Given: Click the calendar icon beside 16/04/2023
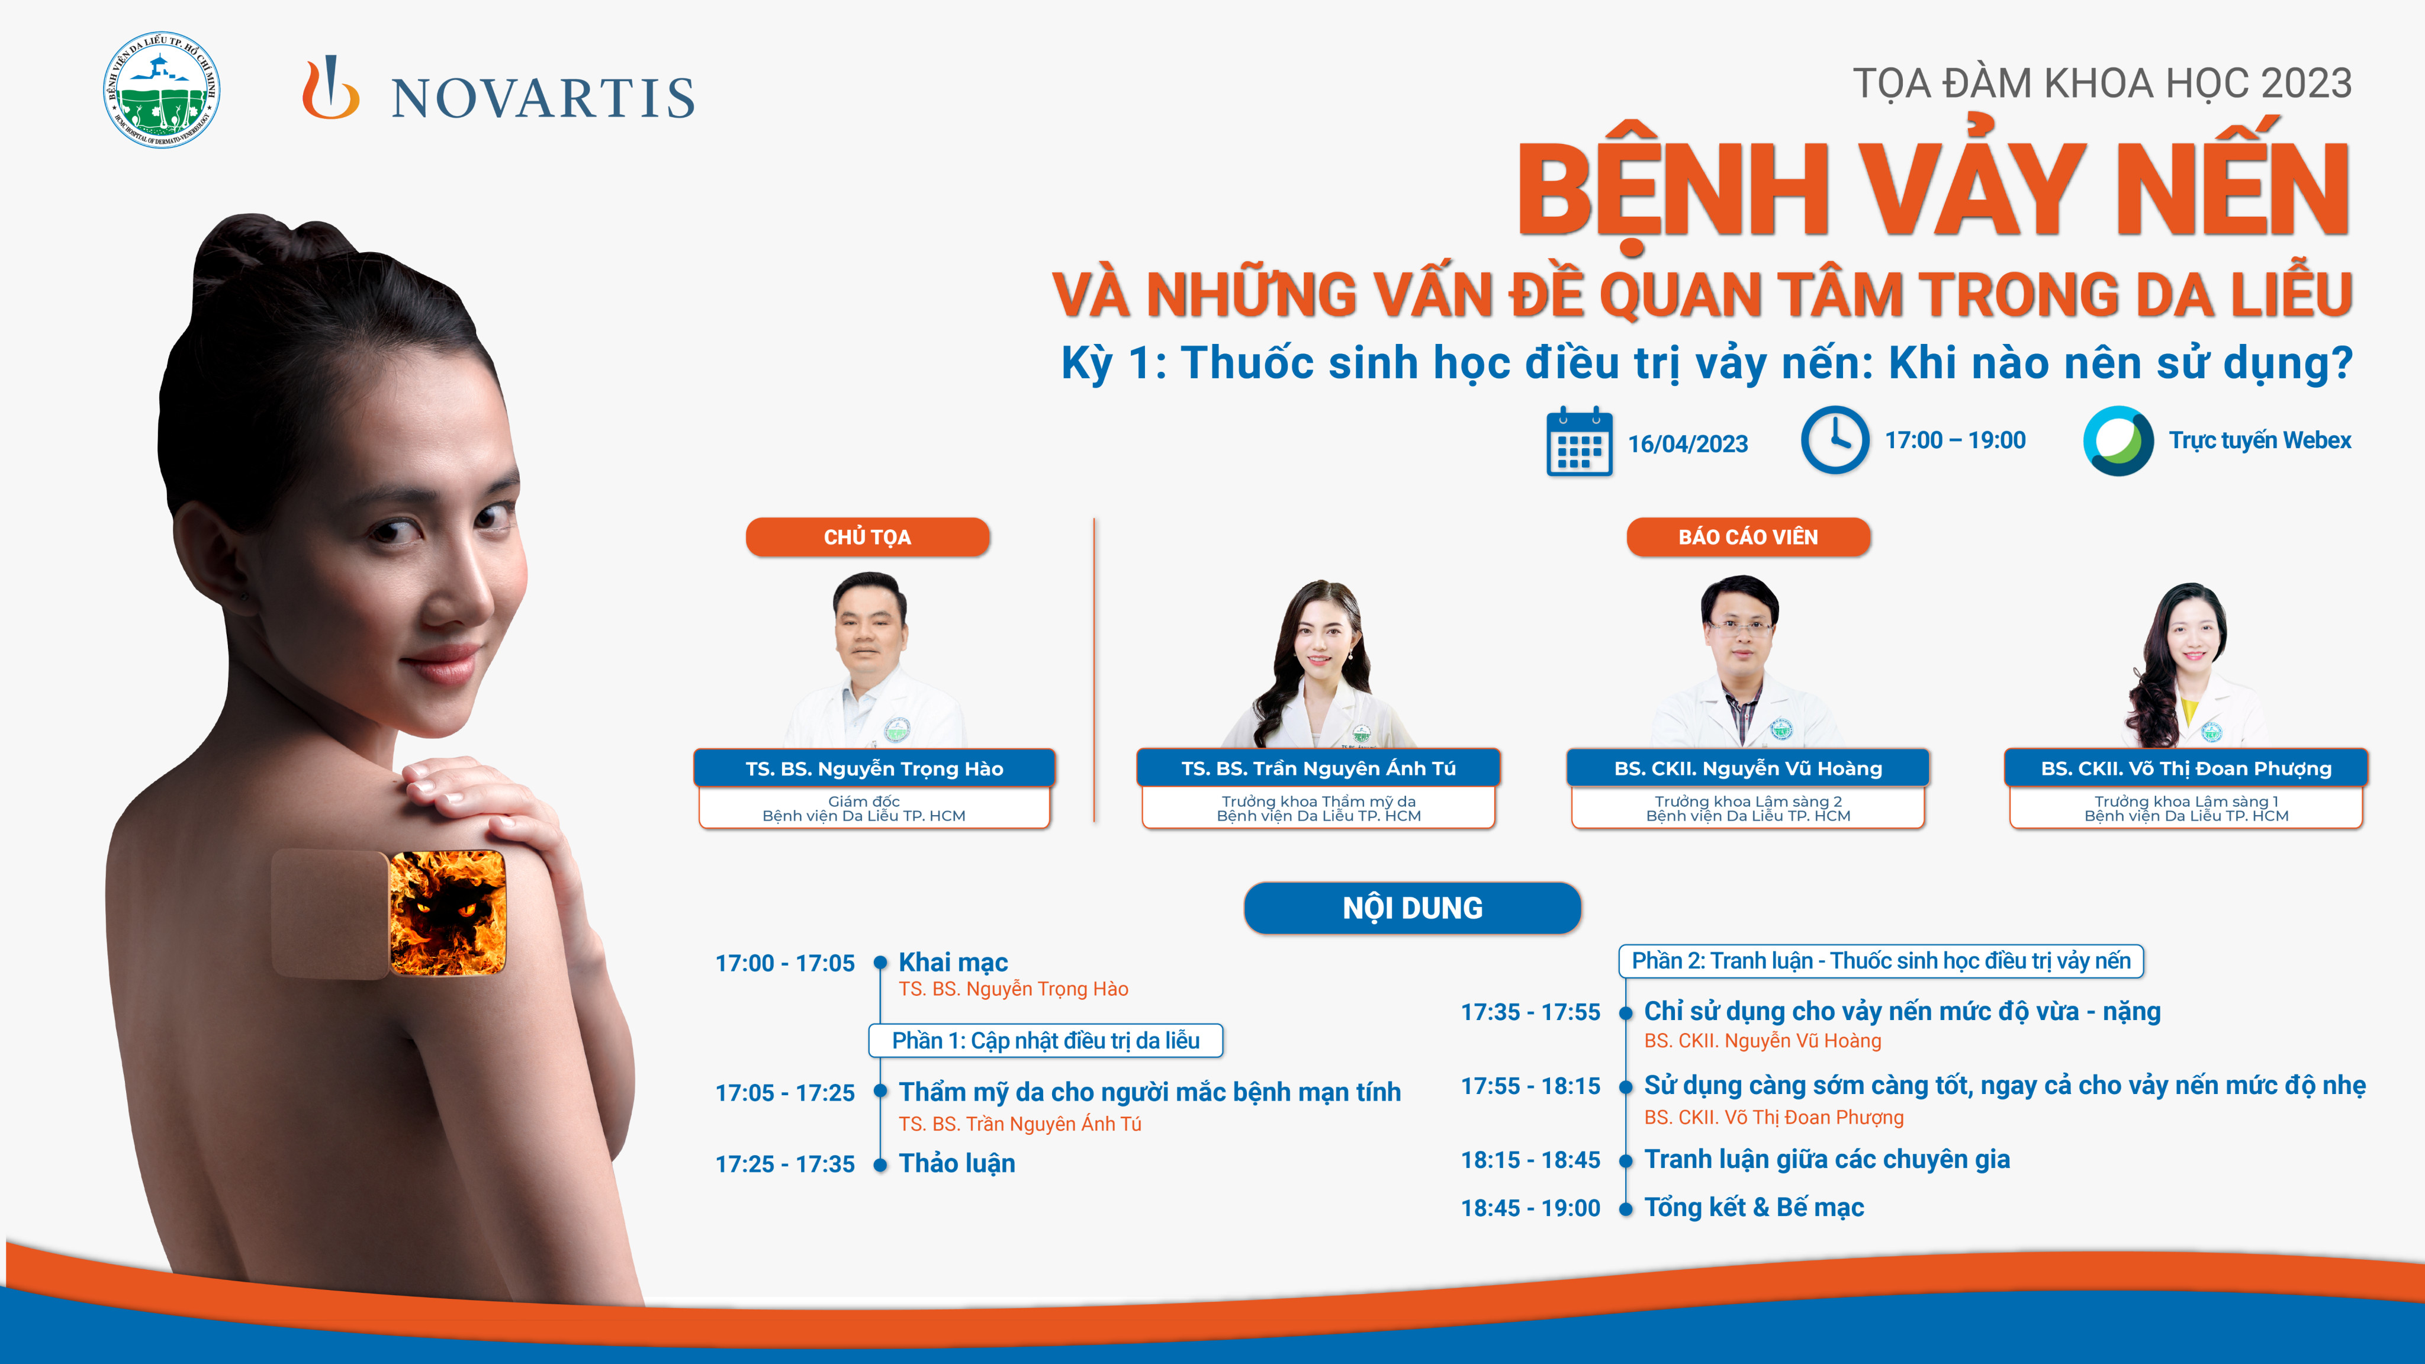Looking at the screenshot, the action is [1579, 442].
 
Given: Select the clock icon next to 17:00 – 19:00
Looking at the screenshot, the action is [1835, 440].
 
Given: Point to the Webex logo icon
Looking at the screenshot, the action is [2118, 440].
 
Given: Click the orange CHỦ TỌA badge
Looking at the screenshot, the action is [867, 536].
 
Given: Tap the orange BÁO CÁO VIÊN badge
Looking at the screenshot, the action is [1748, 536].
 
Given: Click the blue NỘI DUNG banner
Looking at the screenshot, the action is [1412, 908].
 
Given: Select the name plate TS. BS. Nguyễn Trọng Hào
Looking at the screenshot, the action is [874, 768].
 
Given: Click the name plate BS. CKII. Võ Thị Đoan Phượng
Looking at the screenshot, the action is [2186, 768].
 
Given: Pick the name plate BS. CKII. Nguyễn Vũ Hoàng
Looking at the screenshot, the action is [1748, 768].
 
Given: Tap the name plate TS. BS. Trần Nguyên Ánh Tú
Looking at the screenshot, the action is [1318, 768].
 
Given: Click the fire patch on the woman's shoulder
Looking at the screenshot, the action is [447, 912].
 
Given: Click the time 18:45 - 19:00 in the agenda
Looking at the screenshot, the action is [1530, 1208].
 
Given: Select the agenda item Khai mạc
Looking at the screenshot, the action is [953, 962].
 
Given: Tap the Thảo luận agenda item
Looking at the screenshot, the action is [957, 1163].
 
